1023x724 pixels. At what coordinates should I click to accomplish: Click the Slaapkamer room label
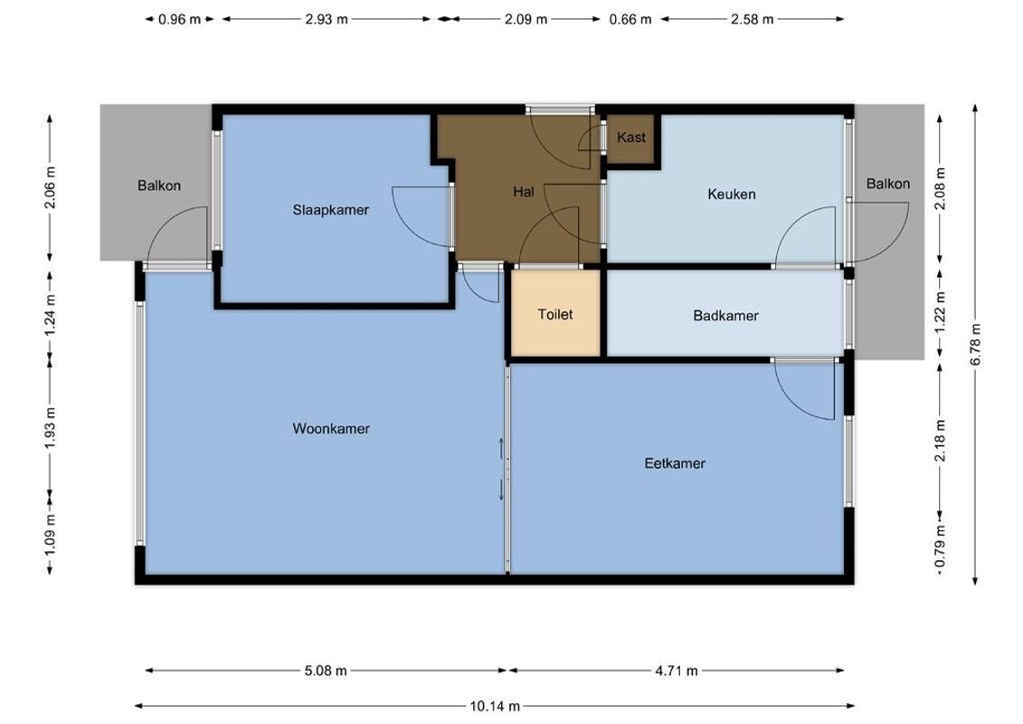pyautogui.click(x=330, y=210)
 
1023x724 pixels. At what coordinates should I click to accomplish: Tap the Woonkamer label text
pyautogui.click(x=331, y=429)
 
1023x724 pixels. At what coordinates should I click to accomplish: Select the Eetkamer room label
pyautogui.click(x=675, y=463)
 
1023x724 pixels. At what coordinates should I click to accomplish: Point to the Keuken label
pyautogui.click(x=731, y=194)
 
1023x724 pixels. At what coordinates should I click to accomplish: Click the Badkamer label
pyautogui.click(x=725, y=316)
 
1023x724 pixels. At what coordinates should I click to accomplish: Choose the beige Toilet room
pyautogui.click(x=555, y=314)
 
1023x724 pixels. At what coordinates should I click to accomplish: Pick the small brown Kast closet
pyautogui.click(x=631, y=138)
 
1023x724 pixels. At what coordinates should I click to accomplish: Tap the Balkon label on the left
pyautogui.click(x=159, y=186)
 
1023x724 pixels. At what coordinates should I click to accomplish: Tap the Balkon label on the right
pyautogui.click(x=887, y=184)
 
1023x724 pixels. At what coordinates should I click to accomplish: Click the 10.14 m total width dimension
pyautogui.click(x=495, y=706)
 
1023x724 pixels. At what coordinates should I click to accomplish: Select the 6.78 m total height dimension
pyautogui.click(x=975, y=344)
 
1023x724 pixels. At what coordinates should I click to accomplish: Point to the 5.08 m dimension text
pyautogui.click(x=327, y=671)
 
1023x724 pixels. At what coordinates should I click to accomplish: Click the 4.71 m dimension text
pyautogui.click(x=677, y=671)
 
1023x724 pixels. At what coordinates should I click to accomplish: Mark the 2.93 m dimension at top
pyautogui.click(x=327, y=19)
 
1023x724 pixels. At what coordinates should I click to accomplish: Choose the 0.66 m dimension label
pyautogui.click(x=630, y=19)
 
